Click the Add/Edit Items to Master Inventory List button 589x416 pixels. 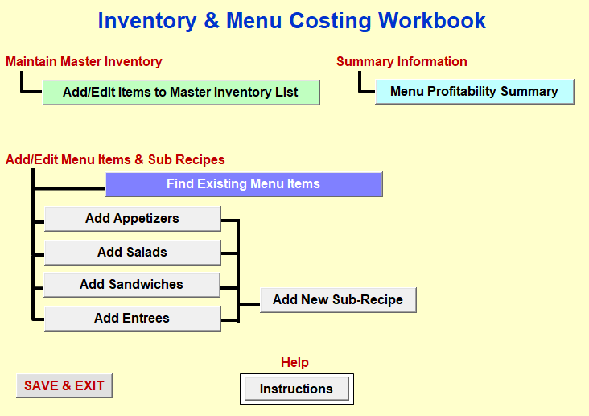[181, 92]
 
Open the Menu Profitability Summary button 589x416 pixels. [475, 91]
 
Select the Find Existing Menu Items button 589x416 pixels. [244, 184]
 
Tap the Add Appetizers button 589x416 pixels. [132, 219]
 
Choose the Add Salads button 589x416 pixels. [132, 253]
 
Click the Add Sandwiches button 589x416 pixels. [132, 285]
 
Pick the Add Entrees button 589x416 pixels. [132, 319]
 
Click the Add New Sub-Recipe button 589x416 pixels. [338, 300]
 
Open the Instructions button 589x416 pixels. [296, 389]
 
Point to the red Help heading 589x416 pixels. [294, 362]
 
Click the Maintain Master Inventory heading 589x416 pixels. [84, 61]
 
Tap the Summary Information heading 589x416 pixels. [402, 61]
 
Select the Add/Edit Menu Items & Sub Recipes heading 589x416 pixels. [115, 159]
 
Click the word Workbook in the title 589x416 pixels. [431, 21]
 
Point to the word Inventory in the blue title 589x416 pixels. [147, 22]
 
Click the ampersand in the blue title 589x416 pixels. [212, 21]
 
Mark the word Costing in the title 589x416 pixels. [330, 22]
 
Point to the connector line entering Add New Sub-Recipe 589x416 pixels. [249, 303]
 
